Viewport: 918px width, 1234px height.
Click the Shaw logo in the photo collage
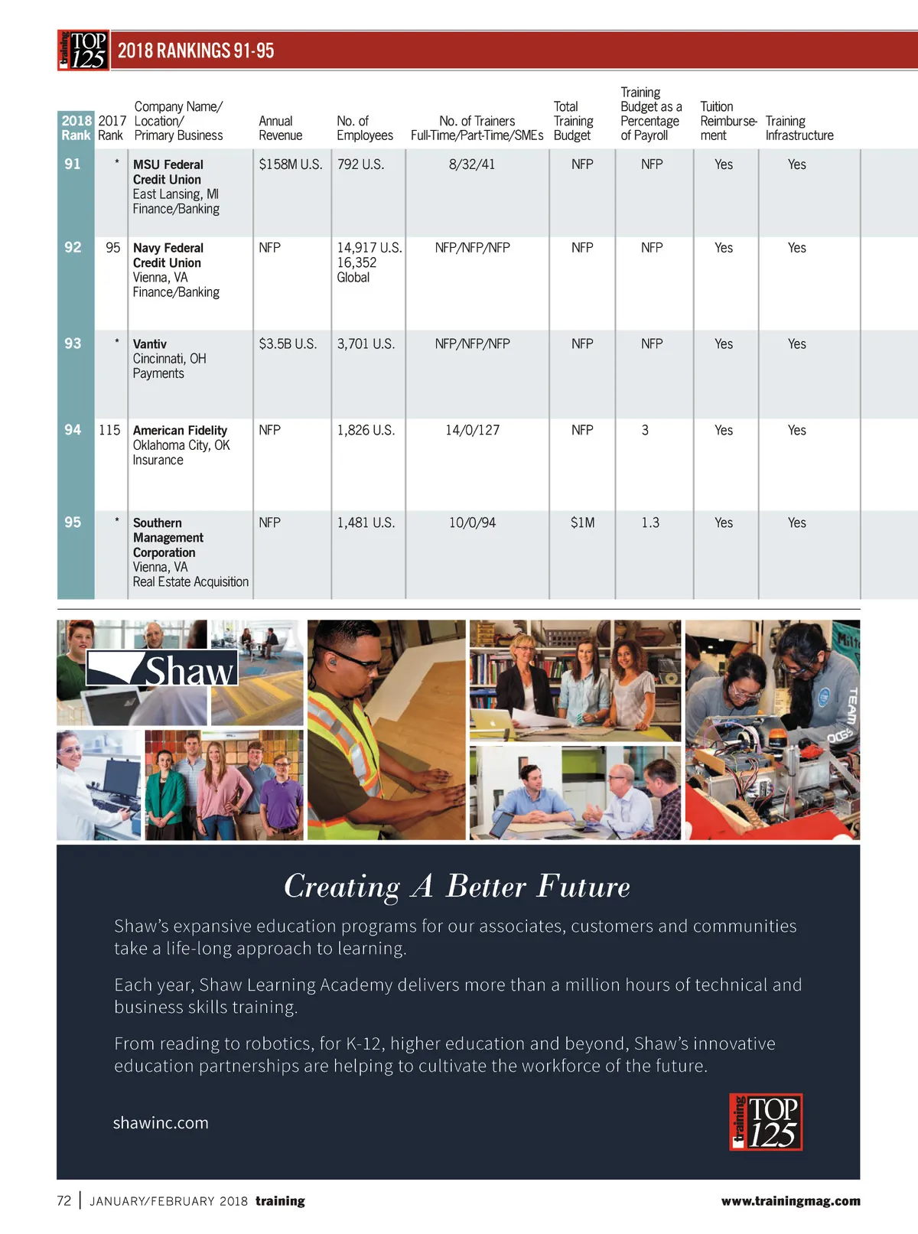click(162, 669)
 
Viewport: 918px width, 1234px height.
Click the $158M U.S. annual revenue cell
click(290, 164)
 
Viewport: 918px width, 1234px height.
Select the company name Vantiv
click(150, 344)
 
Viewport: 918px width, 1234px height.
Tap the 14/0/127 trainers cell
click(472, 431)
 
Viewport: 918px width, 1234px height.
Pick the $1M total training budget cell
click(582, 523)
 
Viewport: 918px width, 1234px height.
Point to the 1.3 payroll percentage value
click(650, 523)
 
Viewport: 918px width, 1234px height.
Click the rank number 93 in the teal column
click(73, 344)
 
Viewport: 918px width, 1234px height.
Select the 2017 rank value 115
click(109, 431)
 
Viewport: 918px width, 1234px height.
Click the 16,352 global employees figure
click(356, 262)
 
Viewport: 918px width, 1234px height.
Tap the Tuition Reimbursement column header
click(728, 121)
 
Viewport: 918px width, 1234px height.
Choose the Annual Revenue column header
click(280, 128)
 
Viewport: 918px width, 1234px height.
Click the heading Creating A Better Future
click(457, 887)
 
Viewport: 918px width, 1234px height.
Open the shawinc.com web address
click(161, 1123)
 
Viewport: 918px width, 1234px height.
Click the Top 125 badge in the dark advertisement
click(765, 1122)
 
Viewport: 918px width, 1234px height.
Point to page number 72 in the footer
click(63, 1201)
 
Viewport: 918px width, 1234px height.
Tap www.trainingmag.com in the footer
click(790, 1201)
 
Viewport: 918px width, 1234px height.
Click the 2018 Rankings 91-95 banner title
click(196, 51)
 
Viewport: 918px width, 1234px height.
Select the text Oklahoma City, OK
click(181, 445)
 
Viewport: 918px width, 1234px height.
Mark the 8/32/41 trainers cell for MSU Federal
click(472, 164)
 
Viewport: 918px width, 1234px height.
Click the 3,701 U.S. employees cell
click(366, 344)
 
